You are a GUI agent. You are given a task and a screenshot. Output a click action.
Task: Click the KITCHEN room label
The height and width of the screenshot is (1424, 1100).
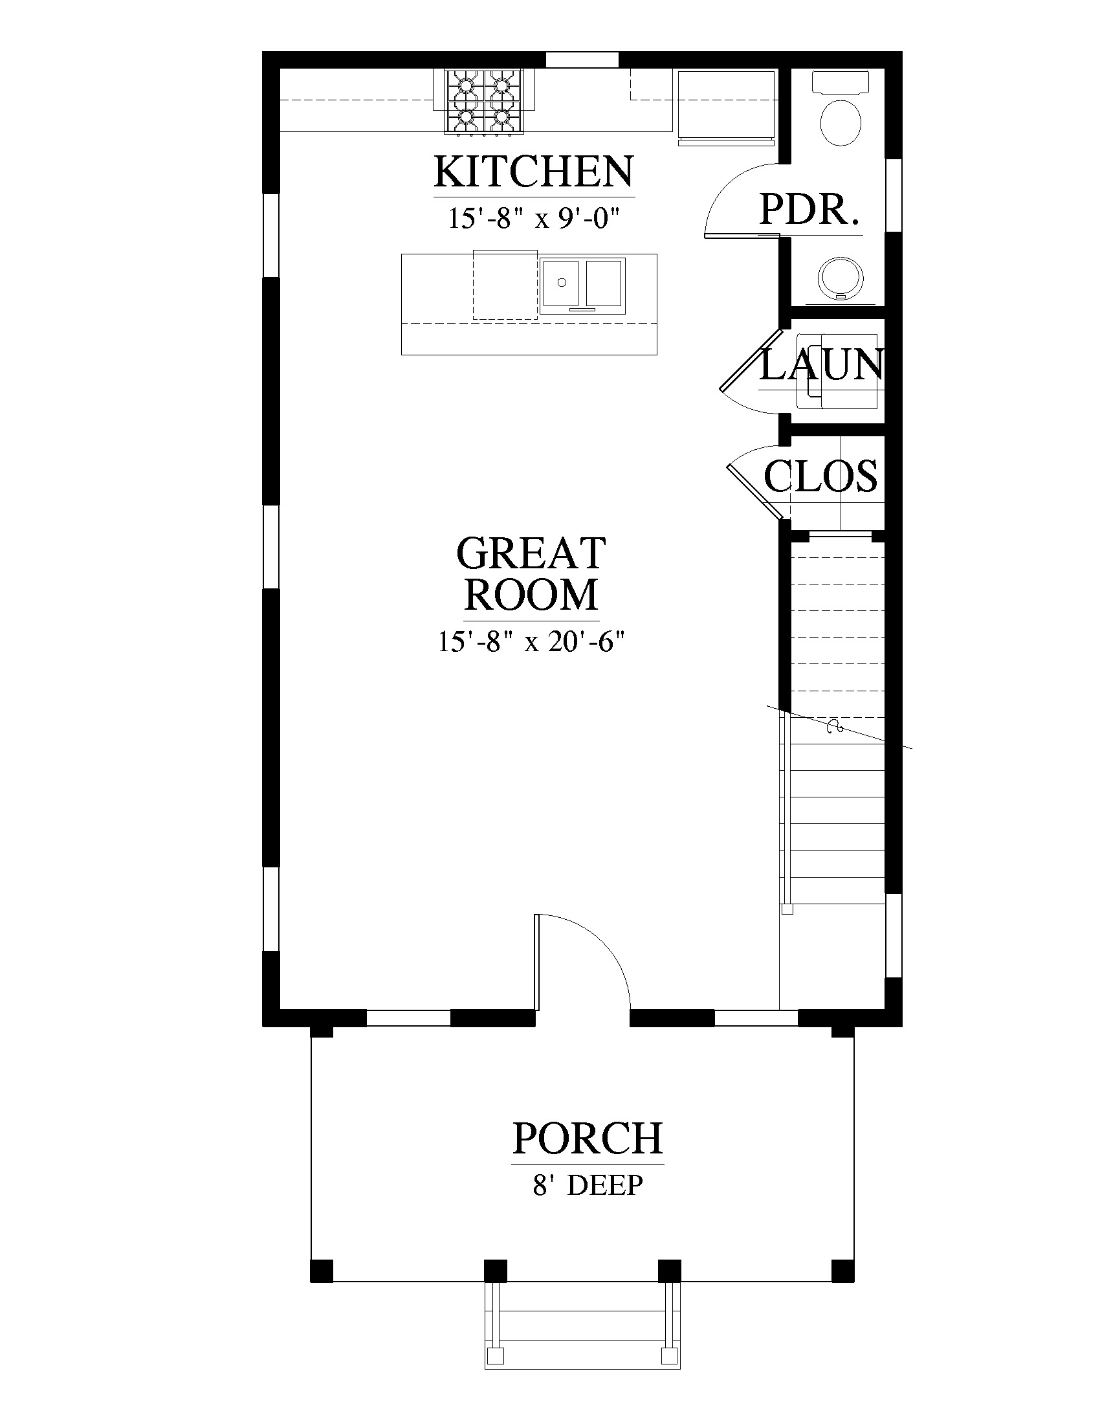[x=534, y=172]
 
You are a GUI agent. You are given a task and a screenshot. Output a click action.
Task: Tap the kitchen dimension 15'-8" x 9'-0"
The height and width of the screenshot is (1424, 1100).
[x=532, y=218]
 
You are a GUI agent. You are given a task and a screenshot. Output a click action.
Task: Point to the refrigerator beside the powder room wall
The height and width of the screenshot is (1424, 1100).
[x=727, y=106]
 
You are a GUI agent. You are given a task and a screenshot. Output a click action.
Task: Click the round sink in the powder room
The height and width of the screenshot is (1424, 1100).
[x=841, y=277]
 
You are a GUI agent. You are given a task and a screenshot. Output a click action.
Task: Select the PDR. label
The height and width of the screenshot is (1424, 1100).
[x=808, y=210]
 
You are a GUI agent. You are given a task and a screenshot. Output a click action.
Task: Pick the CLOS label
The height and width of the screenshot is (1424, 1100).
[x=820, y=475]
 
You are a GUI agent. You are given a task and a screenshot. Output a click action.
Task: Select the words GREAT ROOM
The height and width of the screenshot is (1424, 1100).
[x=531, y=573]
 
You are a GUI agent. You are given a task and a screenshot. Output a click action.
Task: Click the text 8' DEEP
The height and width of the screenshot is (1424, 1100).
[x=588, y=1185]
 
